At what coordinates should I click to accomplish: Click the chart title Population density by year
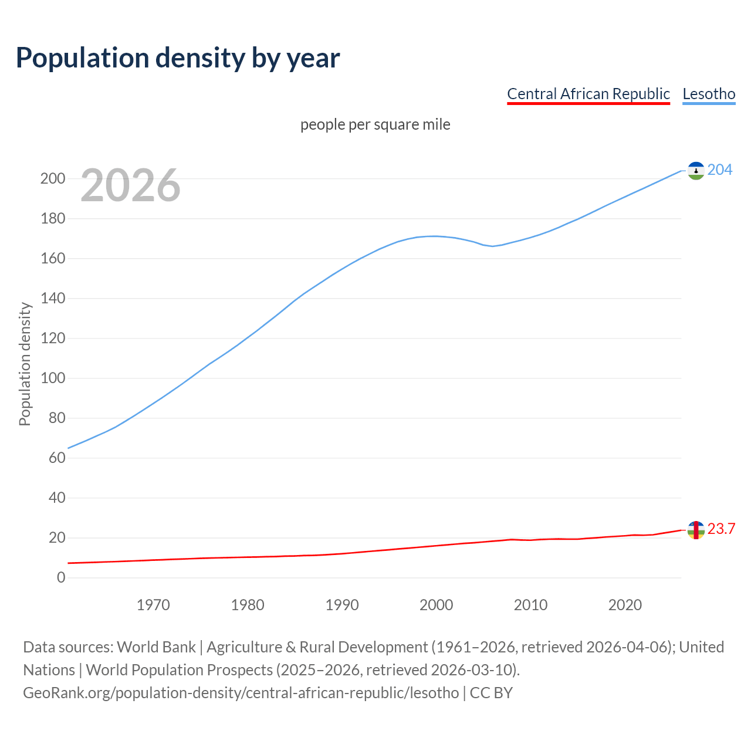point(178,58)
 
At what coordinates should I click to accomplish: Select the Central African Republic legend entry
point(588,94)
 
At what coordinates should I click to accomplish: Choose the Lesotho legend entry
point(709,94)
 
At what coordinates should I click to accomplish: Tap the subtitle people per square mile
point(375,125)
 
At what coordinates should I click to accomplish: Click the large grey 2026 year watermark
point(130,185)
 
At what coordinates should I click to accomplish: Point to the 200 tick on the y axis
point(52,179)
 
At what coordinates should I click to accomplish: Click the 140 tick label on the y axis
point(52,299)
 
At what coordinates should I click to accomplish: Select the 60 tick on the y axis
point(56,458)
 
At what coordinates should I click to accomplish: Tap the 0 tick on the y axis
point(61,578)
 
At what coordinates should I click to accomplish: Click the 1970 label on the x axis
point(153,605)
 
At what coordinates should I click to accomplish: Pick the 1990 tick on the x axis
point(342,605)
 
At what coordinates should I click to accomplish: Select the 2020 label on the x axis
point(625,605)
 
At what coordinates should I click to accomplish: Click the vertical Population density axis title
point(25,364)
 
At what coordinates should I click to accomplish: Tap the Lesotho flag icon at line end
point(696,171)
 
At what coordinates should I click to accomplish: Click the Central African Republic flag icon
point(696,530)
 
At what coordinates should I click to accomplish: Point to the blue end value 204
point(720,170)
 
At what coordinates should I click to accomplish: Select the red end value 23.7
point(721,529)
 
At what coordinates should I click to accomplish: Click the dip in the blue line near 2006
point(493,246)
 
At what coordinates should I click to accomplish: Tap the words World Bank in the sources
point(156,647)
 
